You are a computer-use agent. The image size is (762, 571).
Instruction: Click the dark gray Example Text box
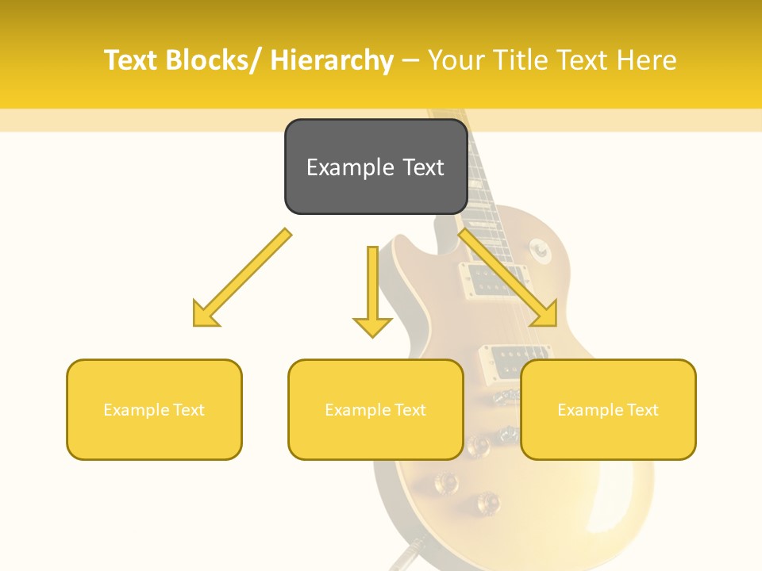click(x=375, y=167)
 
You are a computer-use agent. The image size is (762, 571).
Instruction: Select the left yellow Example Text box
click(x=154, y=409)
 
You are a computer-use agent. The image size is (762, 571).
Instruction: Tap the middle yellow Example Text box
click(x=375, y=409)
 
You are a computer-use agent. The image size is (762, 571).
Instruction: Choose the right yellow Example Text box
click(x=608, y=409)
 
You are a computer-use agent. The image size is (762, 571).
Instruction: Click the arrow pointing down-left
click(x=242, y=278)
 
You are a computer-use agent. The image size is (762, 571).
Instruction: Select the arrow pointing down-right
click(x=508, y=278)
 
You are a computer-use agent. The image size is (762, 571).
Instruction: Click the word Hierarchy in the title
click(x=332, y=60)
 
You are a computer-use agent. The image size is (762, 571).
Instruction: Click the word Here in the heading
click(x=646, y=60)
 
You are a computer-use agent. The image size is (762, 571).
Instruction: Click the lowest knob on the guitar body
click(x=487, y=501)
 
